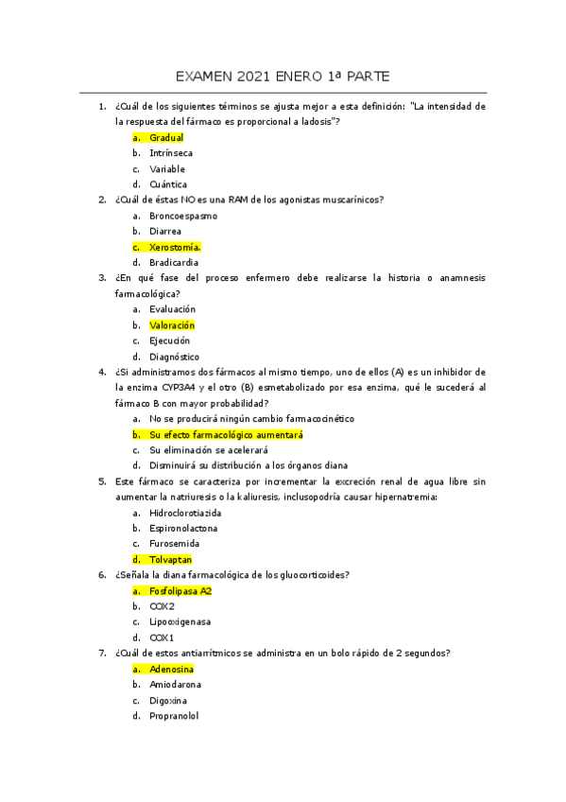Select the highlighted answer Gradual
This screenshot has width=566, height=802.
pos(166,138)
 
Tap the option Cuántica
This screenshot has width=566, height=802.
pos(168,184)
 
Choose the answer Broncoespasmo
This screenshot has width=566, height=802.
pos(182,216)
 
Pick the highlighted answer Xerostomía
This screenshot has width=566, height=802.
pos(175,247)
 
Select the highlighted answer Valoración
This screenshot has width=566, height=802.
pos(172,325)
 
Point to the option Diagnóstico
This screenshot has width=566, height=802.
pos(174,357)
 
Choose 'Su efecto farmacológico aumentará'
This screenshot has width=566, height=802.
pos(226,434)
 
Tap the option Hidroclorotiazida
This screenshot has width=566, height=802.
pos(185,513)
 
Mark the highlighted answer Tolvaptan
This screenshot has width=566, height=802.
pos(170,560)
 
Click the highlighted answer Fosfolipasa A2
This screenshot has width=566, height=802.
pos(180,591)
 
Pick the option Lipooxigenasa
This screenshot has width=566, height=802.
pos(180,622)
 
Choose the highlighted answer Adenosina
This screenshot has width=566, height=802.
pos(171,669)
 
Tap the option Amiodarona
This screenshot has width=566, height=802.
pos(175,684)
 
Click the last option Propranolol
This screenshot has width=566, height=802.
pos(174,716)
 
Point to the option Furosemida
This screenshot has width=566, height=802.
pos(172,544)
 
